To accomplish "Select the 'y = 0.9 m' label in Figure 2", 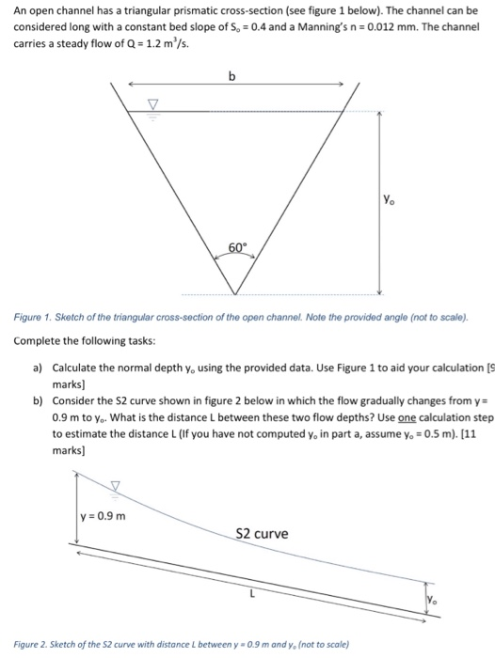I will click(x=104, y=516).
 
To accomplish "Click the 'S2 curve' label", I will click(x=263, y=533).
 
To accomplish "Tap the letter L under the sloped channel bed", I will click(x=251, y=593).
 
